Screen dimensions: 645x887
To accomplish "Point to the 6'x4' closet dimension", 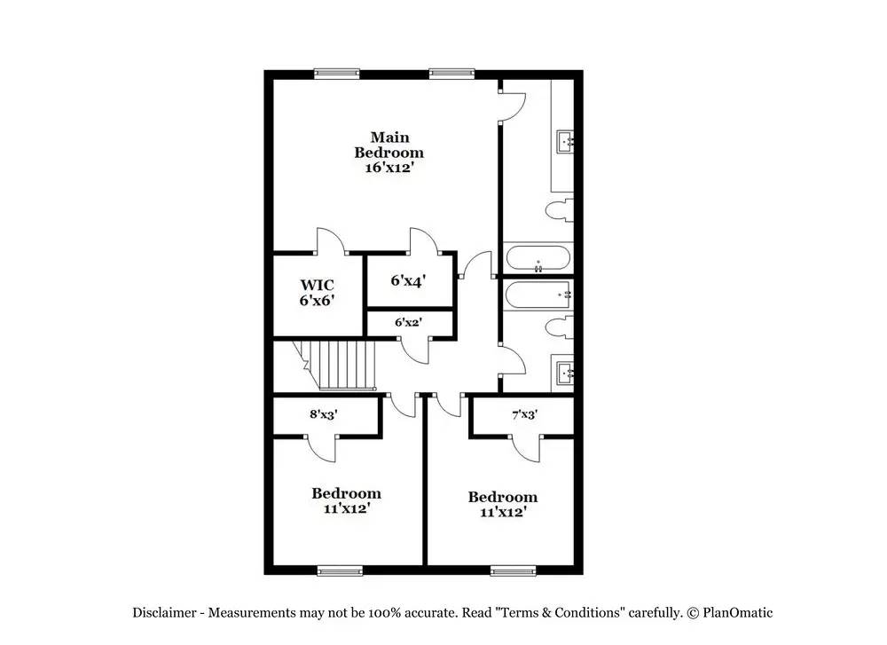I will click(x=408, y=280).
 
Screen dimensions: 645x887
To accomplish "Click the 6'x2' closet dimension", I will click(x=408, y=322).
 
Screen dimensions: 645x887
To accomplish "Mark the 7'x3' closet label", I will click(x=524, y=413).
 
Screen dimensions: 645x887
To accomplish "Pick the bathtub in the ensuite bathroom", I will click(x=538, y=260).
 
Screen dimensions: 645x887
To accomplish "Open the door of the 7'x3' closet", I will click(x=526, y=448).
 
